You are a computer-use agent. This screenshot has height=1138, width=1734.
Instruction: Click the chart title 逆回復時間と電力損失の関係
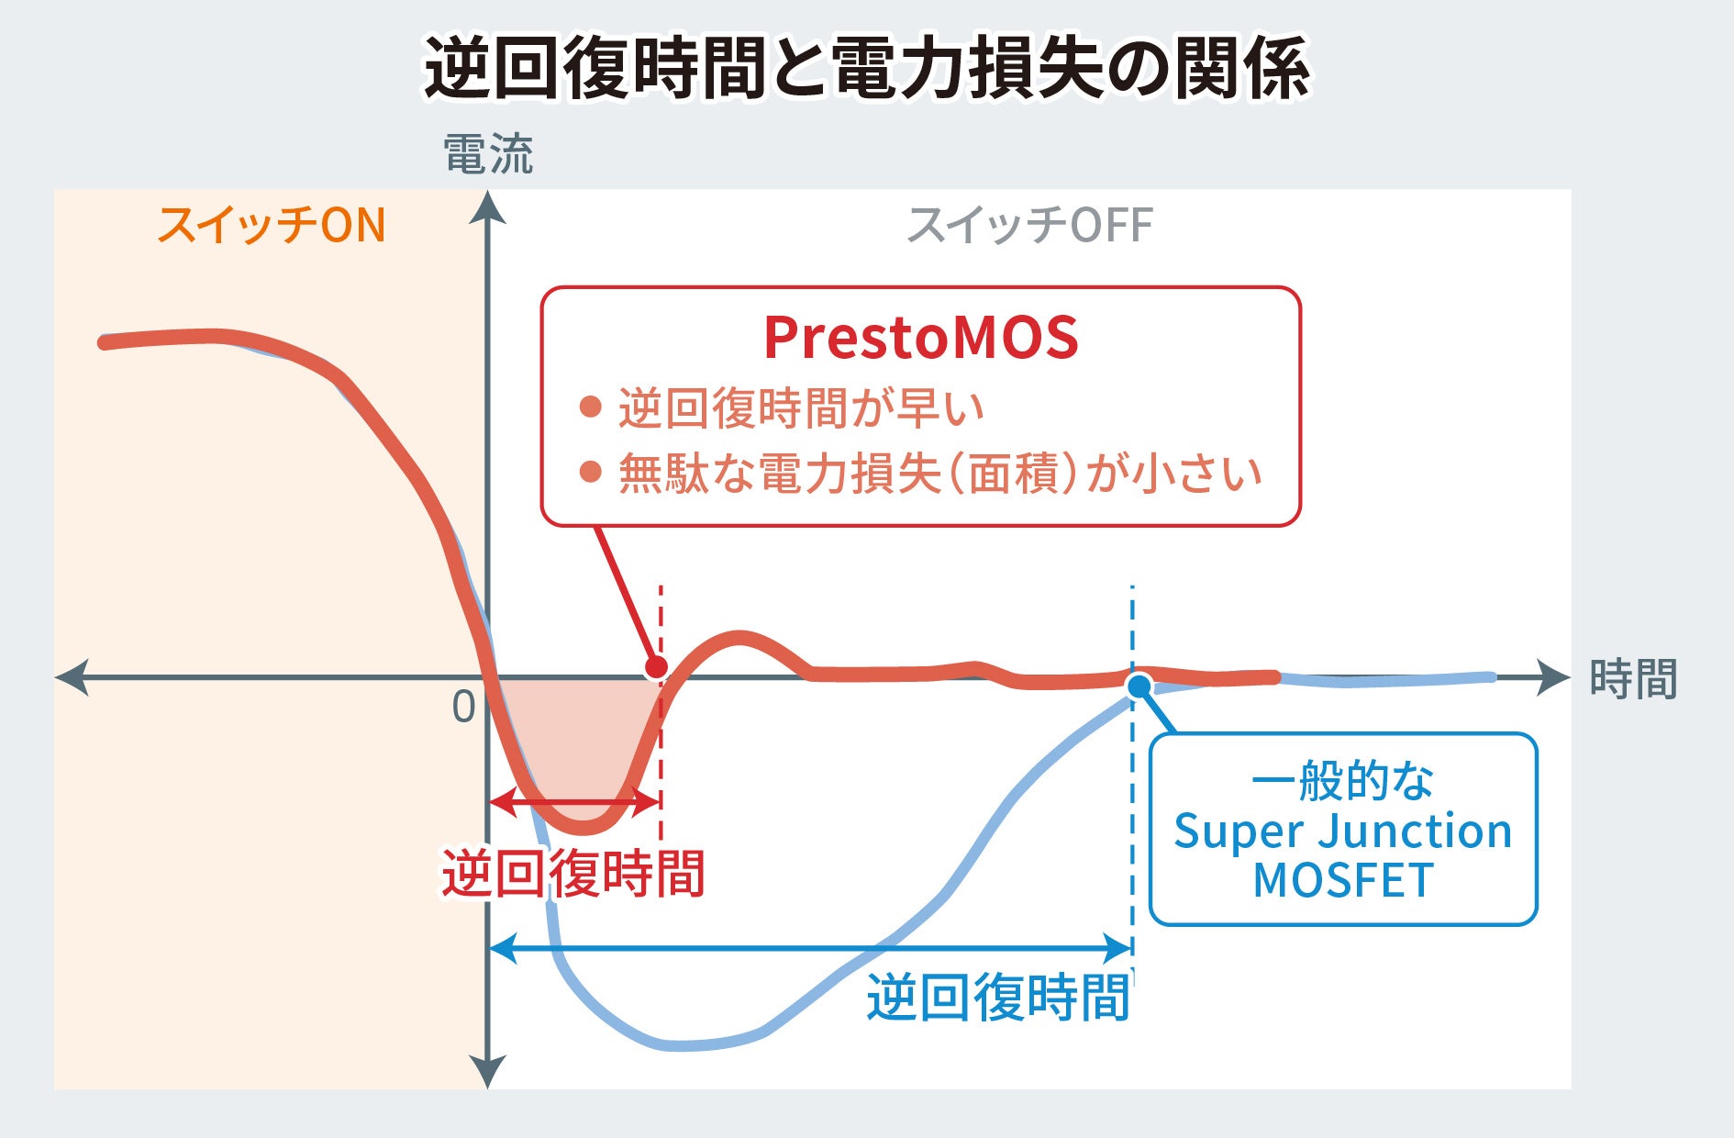coord(867,69)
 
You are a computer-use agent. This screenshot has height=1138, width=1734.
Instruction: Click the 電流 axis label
coord(488,154)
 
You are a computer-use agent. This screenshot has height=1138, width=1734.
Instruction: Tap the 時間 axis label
coord(1633,680)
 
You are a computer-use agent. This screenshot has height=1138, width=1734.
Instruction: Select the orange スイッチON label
coord(272,226)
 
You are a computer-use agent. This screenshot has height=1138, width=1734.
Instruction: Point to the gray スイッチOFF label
coord(1029,226)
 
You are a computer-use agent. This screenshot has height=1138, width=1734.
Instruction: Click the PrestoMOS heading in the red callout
coord(920,338)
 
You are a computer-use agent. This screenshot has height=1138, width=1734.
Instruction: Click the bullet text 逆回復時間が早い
coord(801,408)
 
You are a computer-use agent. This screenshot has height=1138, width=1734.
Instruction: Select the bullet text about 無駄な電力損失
coord(939,474)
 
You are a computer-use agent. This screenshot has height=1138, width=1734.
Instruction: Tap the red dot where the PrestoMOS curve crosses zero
coord(656,667)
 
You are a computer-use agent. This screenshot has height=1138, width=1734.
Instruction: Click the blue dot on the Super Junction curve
coord(1139,686)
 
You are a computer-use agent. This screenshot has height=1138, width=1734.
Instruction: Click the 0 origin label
coord(464,708)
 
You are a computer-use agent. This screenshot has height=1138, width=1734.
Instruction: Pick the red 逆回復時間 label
coord(573,874)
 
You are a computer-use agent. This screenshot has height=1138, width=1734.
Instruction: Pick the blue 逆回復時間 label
coord(998,998)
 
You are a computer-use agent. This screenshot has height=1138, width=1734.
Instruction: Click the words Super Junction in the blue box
coord(1342,831)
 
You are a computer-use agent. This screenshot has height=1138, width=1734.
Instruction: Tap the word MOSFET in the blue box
coord(1342,881)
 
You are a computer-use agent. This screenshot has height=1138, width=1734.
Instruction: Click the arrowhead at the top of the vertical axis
coord(488,208)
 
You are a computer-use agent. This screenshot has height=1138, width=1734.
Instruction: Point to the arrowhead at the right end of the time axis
coord(1553,677)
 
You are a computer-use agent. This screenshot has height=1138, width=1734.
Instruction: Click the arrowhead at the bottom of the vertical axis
coord(488,1072)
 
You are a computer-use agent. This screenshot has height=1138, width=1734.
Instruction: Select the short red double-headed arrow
coord(574,802)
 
